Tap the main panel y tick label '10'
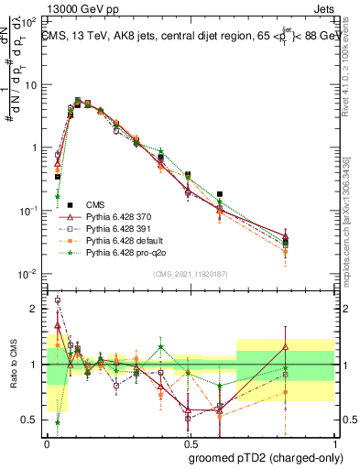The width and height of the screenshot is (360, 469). [29, 84]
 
